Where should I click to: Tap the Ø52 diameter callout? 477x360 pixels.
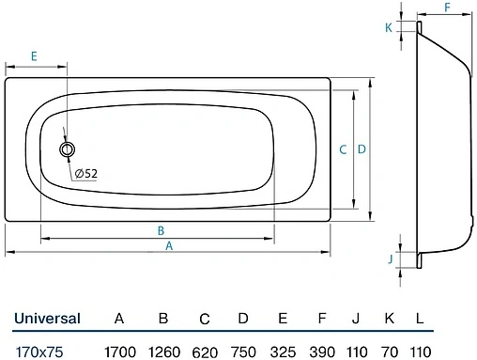(x=86, y=173)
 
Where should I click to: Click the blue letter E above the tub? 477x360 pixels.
(x=34, y=56)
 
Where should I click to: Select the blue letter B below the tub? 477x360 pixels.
(x=161, y=231)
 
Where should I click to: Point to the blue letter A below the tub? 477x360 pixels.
(x=169, y=246)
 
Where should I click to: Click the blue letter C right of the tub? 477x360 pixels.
(x=343, y=149)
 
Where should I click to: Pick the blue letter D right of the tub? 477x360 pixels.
(x=362, y=149)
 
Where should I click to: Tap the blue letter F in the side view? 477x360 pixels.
(x=448, y=8)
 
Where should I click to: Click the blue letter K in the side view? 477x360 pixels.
(x=389, y=28)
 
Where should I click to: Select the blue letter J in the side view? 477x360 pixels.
(x=391, y=259)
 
